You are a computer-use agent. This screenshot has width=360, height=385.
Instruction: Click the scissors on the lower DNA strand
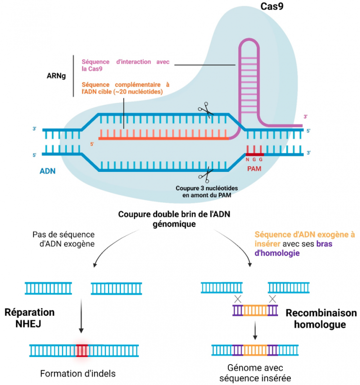pyautogui.click(x=206, y=175)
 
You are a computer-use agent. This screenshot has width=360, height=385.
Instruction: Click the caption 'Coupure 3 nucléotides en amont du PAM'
pyautogui.click(x=207, y=191)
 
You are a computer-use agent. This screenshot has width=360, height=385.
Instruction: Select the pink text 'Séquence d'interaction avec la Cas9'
pyautogui.click(x=124, y=65)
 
